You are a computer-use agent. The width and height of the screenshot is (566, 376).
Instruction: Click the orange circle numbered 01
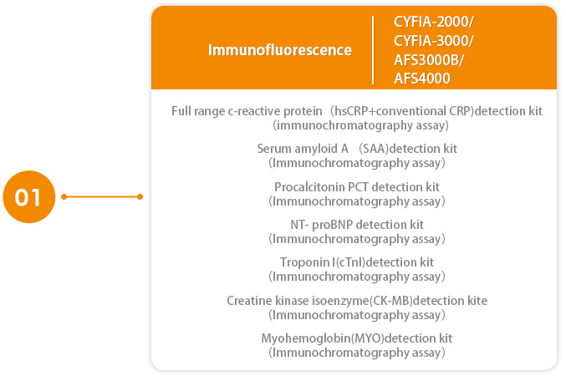pyautogui.click(x=29, y=196)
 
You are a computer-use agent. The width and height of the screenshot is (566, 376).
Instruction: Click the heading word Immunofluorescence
pyautogui.click(x=280, y=50)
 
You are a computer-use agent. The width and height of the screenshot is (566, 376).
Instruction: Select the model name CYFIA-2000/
pyautogui.click(x=434, y=22)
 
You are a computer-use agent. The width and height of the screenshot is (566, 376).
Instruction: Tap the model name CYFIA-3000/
pyautogui.click(x=434, y=41)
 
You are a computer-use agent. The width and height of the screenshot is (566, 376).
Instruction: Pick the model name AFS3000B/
pyautogui.click(x=429, y=60)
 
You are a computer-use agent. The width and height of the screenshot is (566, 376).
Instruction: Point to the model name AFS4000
pyautogui.click(x=422, y=79)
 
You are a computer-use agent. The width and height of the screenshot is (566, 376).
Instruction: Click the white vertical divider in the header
pyautogui.click(x=373, y=50)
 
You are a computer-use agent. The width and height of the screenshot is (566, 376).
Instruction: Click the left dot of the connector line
pyautogui.click(x=64, y=196)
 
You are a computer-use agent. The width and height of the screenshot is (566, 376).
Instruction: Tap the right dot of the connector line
pyautogui.click(x=140, y=196)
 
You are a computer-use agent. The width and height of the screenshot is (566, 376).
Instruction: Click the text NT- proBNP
pyautogui.click(x=322, y=225)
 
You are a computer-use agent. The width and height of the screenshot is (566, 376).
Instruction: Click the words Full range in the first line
pyautogui.click(x=198, y=111)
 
